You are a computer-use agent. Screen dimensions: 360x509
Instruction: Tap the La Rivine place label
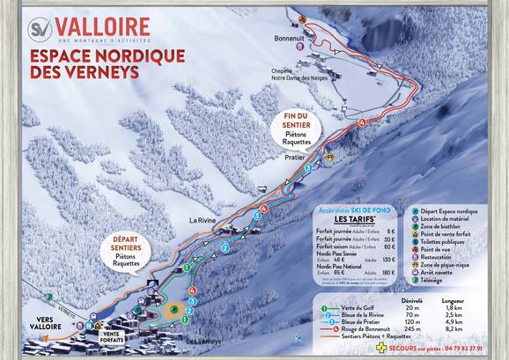[x=203, y=221]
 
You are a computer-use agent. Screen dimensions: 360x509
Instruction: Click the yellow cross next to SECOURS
[x=380, y=347]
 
